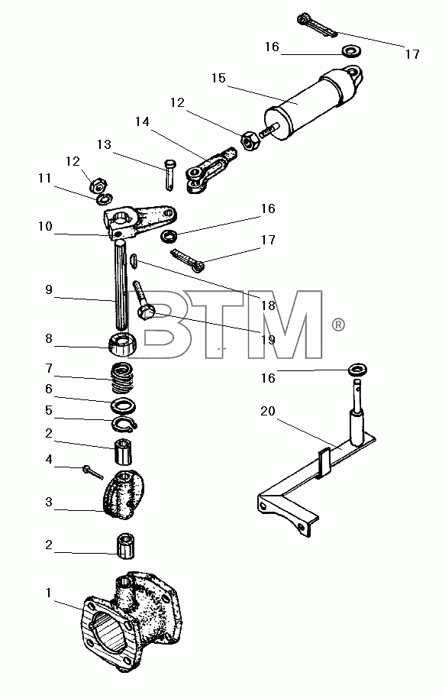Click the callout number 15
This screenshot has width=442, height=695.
pos(218,79)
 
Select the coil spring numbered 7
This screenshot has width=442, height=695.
pos(120,377)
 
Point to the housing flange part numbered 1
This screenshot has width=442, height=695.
pos(131,620)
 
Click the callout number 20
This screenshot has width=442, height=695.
pos(267,412)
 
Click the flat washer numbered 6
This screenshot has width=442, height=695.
pos(123,406)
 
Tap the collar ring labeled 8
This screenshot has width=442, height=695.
pos(123,344)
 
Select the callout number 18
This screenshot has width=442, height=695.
pos(268,305)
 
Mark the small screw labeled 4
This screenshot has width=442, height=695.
pos(92,472)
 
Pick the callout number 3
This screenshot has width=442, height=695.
pos(49,503)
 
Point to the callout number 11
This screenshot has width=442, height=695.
pos(45,178)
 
